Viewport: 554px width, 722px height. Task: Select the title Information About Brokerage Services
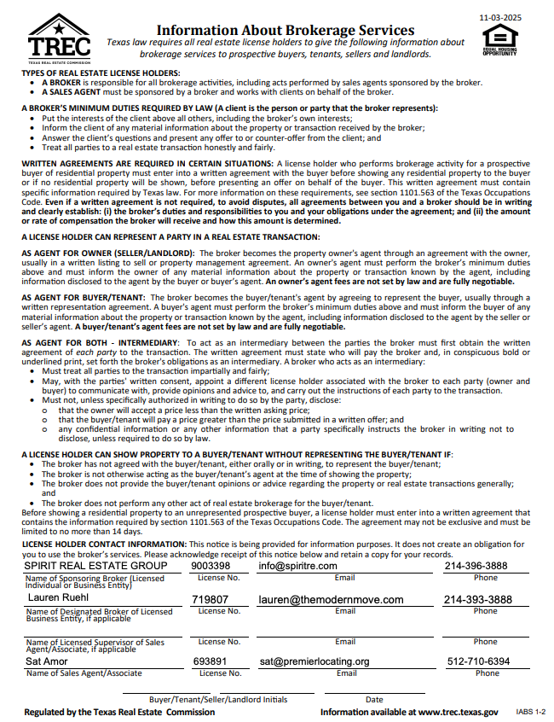[x=285, y=30]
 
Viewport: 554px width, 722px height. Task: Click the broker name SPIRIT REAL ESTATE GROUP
[x=95, y=566]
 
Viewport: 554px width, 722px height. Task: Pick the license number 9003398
[x=211, y=566]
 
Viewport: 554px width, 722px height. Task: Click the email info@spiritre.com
[x=297, y=566]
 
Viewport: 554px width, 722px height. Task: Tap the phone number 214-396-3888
[x=475, y=566]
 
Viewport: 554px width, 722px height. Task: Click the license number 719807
[x=210, y=600]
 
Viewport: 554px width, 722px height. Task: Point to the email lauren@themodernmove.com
[x=331, y=600]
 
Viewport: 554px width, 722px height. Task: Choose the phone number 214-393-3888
[x=477, y=600]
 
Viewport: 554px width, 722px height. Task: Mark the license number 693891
[x=210, y=661]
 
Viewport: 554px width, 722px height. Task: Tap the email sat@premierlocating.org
[x=315, y=661]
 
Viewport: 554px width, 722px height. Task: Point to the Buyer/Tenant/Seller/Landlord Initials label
[x=218, y=700]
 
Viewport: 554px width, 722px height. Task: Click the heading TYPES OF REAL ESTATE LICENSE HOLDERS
[x=101, y=73]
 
